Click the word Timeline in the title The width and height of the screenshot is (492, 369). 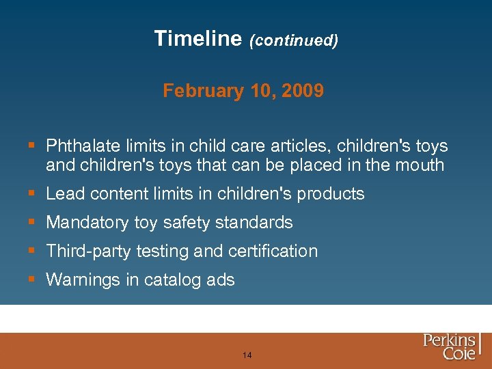click(x=197, y=39)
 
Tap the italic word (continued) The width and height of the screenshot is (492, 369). click(x=293, y=41)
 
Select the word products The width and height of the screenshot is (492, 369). click(x=331, y=195)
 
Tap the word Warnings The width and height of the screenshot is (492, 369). click(x=81, y=280)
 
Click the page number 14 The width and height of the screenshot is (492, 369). click(x=247, y=355)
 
